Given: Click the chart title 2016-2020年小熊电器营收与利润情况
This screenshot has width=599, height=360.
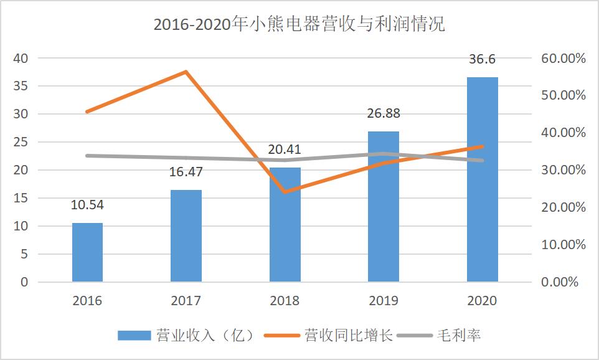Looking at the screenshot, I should [299, 24].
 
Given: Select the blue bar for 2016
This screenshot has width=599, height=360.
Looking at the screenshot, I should [87, 252].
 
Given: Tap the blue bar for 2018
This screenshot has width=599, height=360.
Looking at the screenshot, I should [285, 225].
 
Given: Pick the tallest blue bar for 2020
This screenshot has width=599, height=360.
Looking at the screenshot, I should [482, 180].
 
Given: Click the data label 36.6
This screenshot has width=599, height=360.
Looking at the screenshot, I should [483, 59].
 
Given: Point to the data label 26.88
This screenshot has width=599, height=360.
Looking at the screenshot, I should [384, 113].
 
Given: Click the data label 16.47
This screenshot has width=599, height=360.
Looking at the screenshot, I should [186, 172].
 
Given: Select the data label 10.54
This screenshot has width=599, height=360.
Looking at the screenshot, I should [87, 205].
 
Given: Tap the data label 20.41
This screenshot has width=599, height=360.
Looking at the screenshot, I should [285, 149].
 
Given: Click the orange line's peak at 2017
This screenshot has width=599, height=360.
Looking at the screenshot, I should [186, 72].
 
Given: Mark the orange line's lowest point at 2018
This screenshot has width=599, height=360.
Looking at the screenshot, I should [285, 192].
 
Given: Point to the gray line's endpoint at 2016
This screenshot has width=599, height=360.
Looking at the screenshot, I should [87, 155].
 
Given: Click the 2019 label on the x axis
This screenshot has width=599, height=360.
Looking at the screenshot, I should [384, 301].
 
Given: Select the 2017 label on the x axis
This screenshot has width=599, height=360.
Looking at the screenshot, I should [186, 301].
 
